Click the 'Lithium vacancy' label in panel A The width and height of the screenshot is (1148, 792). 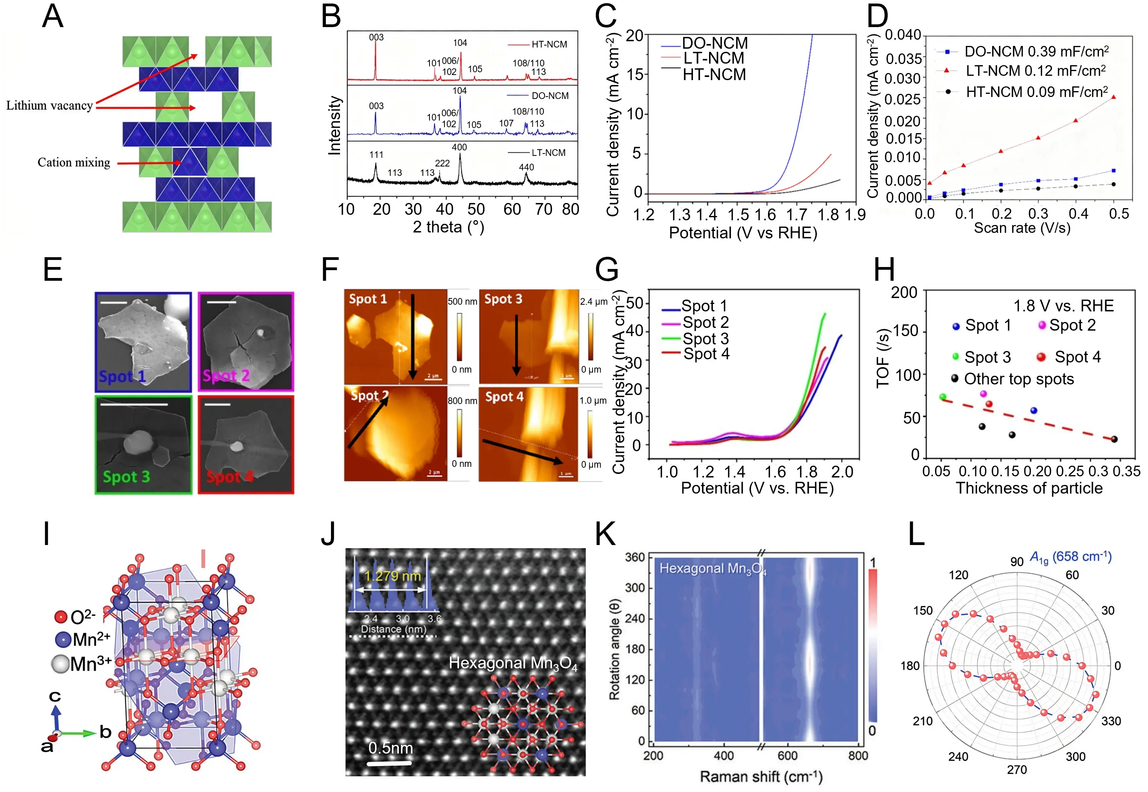pos(49,105)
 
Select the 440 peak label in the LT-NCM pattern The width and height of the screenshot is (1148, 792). pos(526,167)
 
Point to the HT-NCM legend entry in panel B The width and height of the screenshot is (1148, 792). pos(549,44)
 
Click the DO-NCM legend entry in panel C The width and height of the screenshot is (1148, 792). pos(715,43)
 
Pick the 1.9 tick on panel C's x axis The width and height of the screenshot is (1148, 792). pos(855,214)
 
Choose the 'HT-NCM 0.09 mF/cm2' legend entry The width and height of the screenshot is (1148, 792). pos(1036,92)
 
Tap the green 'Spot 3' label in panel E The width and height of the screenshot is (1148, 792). pos(126,476)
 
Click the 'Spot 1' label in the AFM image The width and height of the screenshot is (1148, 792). pos(367,299)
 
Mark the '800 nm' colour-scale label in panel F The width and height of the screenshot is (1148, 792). pos(462,401)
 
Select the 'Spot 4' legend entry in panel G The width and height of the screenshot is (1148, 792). pos(706,354)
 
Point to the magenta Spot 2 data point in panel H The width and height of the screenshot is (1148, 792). pos(983,393)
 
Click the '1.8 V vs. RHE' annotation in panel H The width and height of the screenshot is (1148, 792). pos(1063,305)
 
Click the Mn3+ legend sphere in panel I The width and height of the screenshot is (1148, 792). pos(60,664)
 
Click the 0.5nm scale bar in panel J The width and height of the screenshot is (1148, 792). pos(389,762)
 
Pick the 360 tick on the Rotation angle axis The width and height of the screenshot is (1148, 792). pos(634,557)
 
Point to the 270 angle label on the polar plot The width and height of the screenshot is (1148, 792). pos(1016,770)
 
